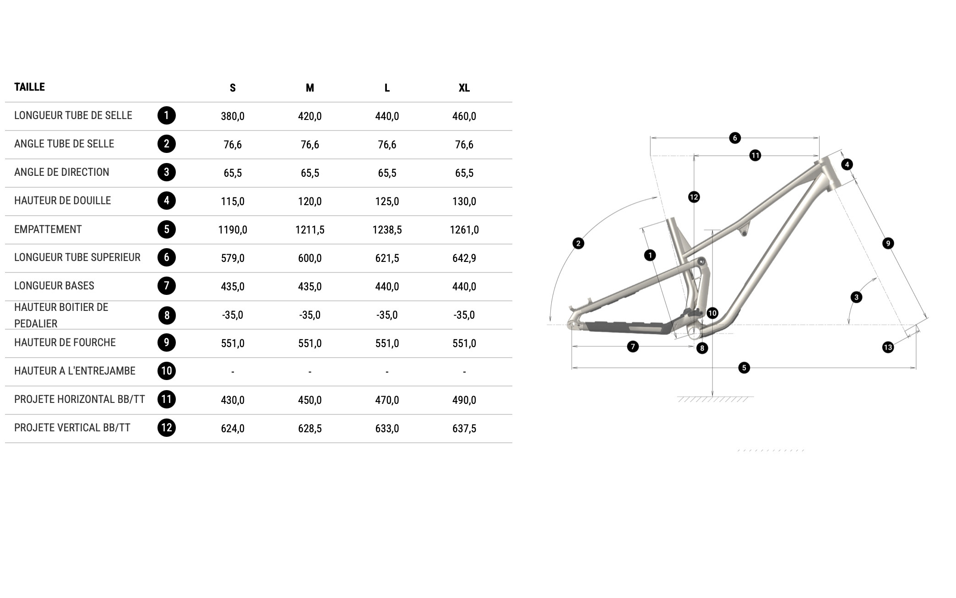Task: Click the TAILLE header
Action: (29, 87)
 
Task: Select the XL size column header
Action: (464, 88)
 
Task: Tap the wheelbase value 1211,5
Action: (310, 230)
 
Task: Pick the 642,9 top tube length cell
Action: (464, 258)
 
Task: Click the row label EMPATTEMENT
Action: (48, 229)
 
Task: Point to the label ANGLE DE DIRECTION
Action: (62, 172)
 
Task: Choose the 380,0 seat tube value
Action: (233, 116)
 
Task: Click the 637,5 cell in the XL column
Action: (464, 429)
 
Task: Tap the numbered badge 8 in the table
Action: (167, 315)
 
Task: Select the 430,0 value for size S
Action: (233, 400)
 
